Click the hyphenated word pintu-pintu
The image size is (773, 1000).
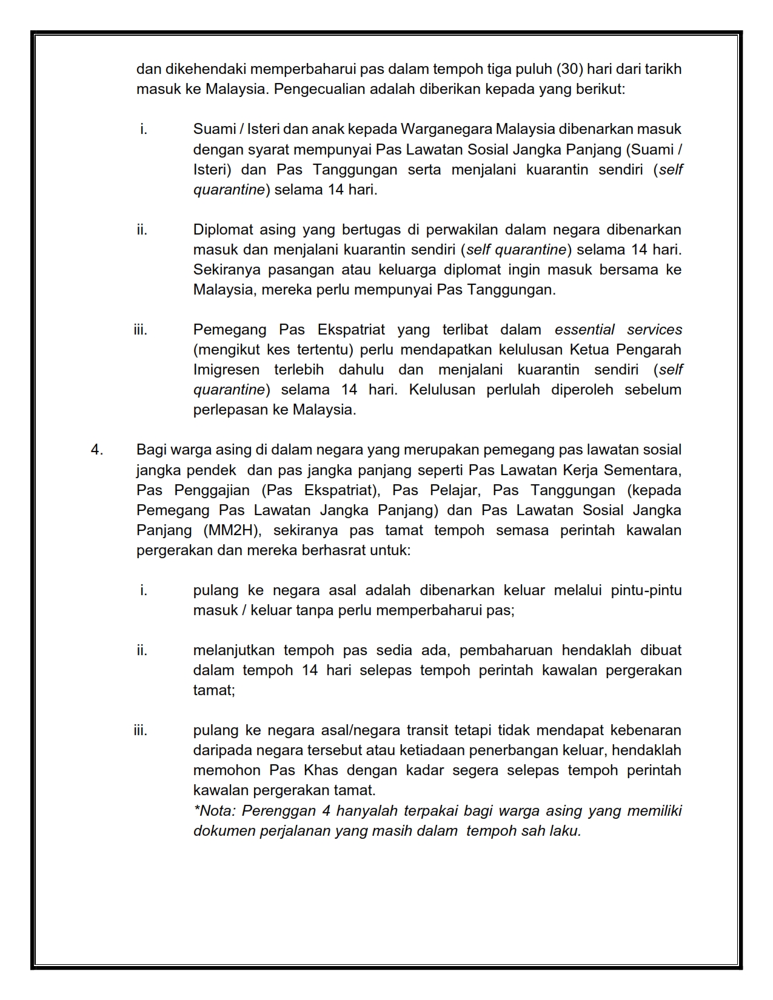pyautogui.click(x=646, y=590)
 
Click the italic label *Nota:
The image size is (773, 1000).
pyautogui.click(x=214, y=811)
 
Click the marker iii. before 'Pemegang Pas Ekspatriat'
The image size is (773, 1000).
pyautogui.click(x=140, y=330)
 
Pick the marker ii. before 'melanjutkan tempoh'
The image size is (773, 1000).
pyautogui.click(x=142, y=650)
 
